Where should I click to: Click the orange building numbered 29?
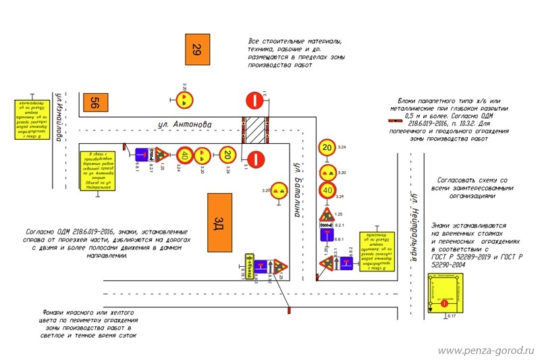coord(196,49)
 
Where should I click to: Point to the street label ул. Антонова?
coord(184,124)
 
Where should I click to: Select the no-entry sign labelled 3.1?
coord(256,159)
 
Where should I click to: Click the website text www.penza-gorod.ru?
coord(486,351)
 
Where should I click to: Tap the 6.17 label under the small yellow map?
coord(452,316)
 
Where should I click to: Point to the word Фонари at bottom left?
coord(55,311)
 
